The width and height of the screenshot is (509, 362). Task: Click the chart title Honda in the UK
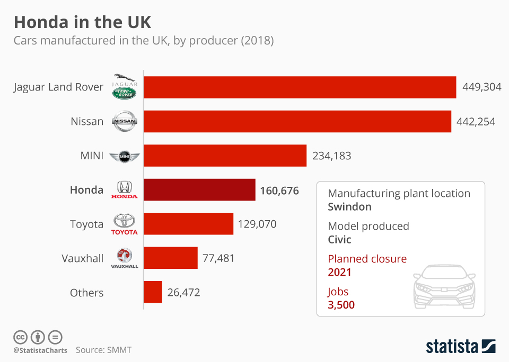click(x=82, y=22)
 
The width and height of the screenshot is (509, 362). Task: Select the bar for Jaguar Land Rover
click(x=300, y=87)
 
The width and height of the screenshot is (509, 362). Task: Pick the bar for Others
click(x=153, y=292)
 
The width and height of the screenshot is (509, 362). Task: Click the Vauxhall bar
click(x=170, y=258)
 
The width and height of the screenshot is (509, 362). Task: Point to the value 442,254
click(x=476, y=122)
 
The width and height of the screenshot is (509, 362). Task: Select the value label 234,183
click(x=331, y=156)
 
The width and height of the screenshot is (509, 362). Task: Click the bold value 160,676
click(x=279, y=190)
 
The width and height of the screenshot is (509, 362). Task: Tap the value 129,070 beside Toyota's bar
click(x=257, y=224)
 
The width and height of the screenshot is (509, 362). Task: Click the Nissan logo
click(x=125, y=122)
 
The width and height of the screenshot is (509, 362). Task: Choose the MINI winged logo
click(x=125, y=156)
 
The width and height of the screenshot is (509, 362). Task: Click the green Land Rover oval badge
click(x=125, y=93)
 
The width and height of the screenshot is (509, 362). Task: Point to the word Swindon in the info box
click(x=349, y=207)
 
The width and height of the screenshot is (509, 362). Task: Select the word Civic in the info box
click(x=340, y=240)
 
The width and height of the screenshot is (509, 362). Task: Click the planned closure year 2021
click(x=340, y=273)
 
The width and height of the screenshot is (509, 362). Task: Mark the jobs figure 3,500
click(x=341, y=305)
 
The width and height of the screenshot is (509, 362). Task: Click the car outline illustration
click(x=444, y=286)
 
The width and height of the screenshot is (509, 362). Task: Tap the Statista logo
click(x=460, y=347)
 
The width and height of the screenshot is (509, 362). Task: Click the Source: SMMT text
click(x=103, y=350)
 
